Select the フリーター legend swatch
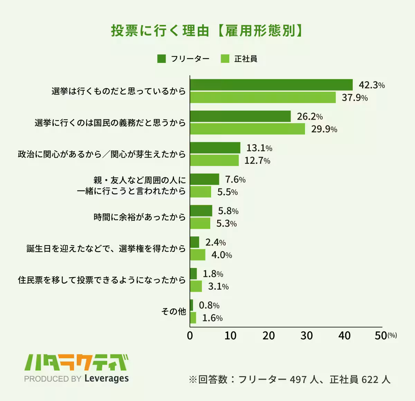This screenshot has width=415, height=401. click(x=162, y=59)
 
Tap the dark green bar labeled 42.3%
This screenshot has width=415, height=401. click(x=271, y=85)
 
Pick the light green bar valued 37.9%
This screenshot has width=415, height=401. click(x=263, y=97)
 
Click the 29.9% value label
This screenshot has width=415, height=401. click(x=324, y=129)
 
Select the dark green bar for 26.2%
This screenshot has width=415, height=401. click(x=240, y=116)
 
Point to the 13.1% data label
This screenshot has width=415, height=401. click(x=259, y=148)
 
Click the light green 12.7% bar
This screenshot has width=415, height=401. click(x=214, y=160)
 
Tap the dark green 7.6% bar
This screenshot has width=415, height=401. click(x=204, y=179)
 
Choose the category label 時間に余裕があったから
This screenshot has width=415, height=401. click(x=140, y=217)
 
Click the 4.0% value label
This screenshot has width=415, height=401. click(x=221, y=255)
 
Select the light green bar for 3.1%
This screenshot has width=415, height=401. click(x=196, y=286)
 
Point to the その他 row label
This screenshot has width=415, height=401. click(x=174, y=311)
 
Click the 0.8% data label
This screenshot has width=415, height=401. click(x=209, y=306)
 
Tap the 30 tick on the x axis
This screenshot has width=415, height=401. click(x=306, y=336)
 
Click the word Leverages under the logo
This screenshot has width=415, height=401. click(x=107, y=379)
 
